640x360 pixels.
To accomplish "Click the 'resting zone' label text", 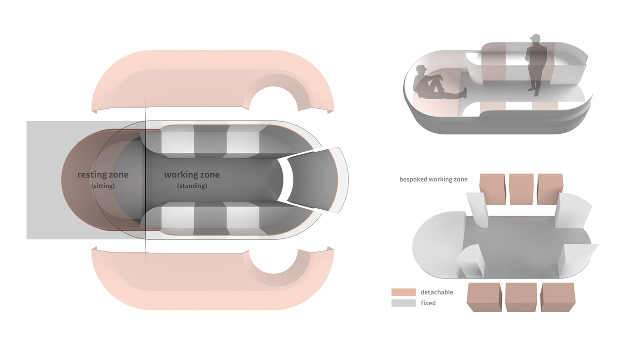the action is (x=103, y=175).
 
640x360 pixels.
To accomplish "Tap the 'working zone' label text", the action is (x=192, y=175).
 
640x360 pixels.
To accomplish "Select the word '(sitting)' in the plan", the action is (x=103, y=186).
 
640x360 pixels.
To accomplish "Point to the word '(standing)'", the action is (x=192, y=186).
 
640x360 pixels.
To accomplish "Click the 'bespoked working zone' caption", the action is (x=433, y=179).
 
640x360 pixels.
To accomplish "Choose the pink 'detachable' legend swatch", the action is (x=403, y=292).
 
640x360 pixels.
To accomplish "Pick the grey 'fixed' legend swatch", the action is (x=403, y=303).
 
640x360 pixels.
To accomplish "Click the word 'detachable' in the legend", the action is (x=437, y=292).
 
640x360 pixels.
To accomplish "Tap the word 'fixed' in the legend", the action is (x=428, y=303).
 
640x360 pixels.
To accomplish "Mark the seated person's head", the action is (x=421, y=70).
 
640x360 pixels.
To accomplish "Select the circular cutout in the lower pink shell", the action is (x=274, y=261).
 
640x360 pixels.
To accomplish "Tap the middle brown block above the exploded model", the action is (x=521, y=189).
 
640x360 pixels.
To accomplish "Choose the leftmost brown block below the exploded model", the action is (x=484, y=297).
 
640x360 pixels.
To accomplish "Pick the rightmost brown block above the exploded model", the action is (x=550, y=189).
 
